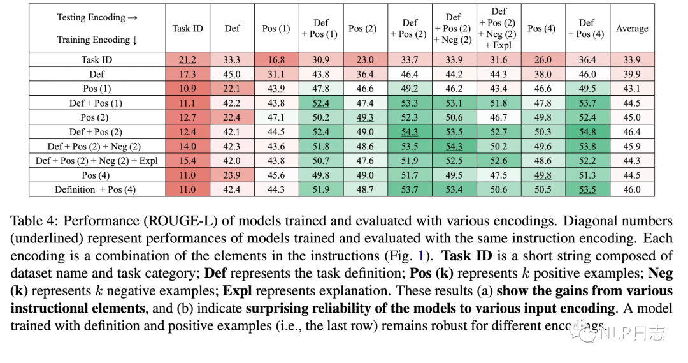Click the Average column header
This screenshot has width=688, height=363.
point(632,29)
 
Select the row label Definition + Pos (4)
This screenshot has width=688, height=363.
point(95,189)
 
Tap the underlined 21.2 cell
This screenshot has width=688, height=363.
point(187,60)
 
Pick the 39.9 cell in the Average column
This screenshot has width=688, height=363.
point(632,75)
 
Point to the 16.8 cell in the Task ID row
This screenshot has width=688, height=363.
point(276,60)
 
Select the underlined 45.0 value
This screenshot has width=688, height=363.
point(232,75)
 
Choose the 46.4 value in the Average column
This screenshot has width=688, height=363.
point(632,132)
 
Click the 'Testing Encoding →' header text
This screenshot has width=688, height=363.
point(97,17)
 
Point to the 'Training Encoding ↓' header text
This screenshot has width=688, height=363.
point(97,40)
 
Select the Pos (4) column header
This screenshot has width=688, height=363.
point(541,29)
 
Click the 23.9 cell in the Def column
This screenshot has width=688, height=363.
point(232,175)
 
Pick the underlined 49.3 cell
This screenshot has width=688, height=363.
point(362,117)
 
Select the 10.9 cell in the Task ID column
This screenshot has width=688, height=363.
point(187,89)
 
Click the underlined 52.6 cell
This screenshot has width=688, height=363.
point(498,161)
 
